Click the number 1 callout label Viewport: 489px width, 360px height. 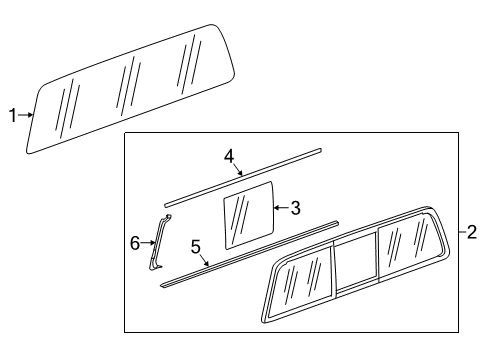(x=13, y=116)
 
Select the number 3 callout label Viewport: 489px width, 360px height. (x=295, y=208)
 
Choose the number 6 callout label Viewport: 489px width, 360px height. (x=135, y=243)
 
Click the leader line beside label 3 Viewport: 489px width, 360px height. (x=281, y=208)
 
